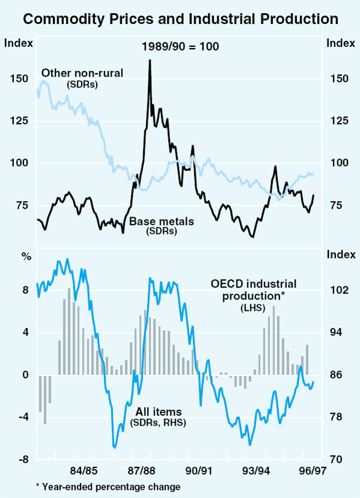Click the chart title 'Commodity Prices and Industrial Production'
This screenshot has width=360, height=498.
point(180,19)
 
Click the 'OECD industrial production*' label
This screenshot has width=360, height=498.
point(253,289)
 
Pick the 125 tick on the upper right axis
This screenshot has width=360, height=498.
point(339,121)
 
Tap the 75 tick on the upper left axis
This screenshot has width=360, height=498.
point(18,206)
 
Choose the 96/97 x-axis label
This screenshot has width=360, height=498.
point(313,471)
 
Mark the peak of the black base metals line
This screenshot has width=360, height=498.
point(149,61)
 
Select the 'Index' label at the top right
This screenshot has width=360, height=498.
point(339,43)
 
